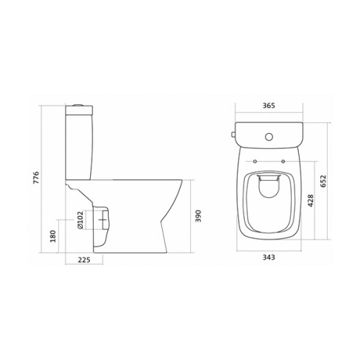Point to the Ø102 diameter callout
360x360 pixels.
tap(80, 219)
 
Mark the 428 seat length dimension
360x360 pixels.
tap(311, 200)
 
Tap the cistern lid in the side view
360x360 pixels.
tap(80, 111)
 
